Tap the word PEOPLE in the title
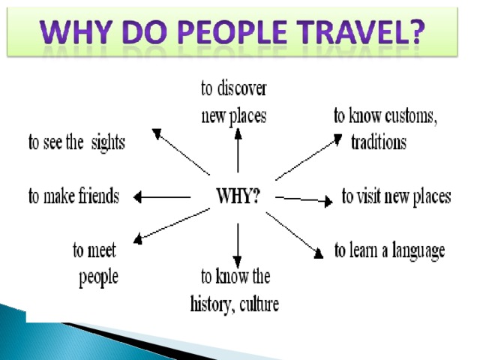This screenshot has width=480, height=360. pos(232,31)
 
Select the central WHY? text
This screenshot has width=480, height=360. pos(238,196)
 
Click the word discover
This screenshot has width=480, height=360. pos(241,88)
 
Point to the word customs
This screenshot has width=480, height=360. pos(411,116)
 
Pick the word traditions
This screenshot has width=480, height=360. pos(379,142)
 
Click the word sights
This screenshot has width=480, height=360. pos(108,143)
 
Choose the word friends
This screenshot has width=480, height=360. pos(98,196)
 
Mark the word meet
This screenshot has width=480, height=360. pos(102,250)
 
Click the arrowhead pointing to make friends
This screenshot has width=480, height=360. pos(137,196)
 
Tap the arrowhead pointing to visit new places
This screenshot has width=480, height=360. pos(328,201)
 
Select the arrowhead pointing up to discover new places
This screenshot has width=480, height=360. pos(238,133)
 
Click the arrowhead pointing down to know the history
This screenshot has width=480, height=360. pos(238,262)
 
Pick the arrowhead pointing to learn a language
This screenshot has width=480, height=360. pos(319,253)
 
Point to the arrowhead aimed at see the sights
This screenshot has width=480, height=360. pos(157,133)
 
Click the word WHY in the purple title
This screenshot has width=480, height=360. pos(74,31)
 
